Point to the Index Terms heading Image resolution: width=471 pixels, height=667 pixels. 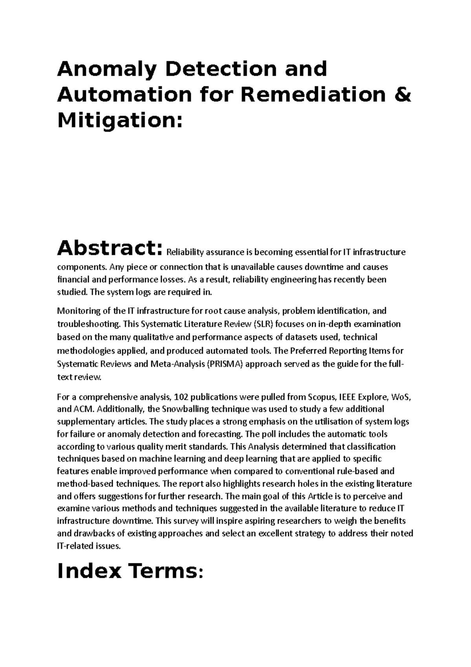click(x=130, y=572)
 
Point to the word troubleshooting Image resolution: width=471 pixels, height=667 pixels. click(x=88, y=324)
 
